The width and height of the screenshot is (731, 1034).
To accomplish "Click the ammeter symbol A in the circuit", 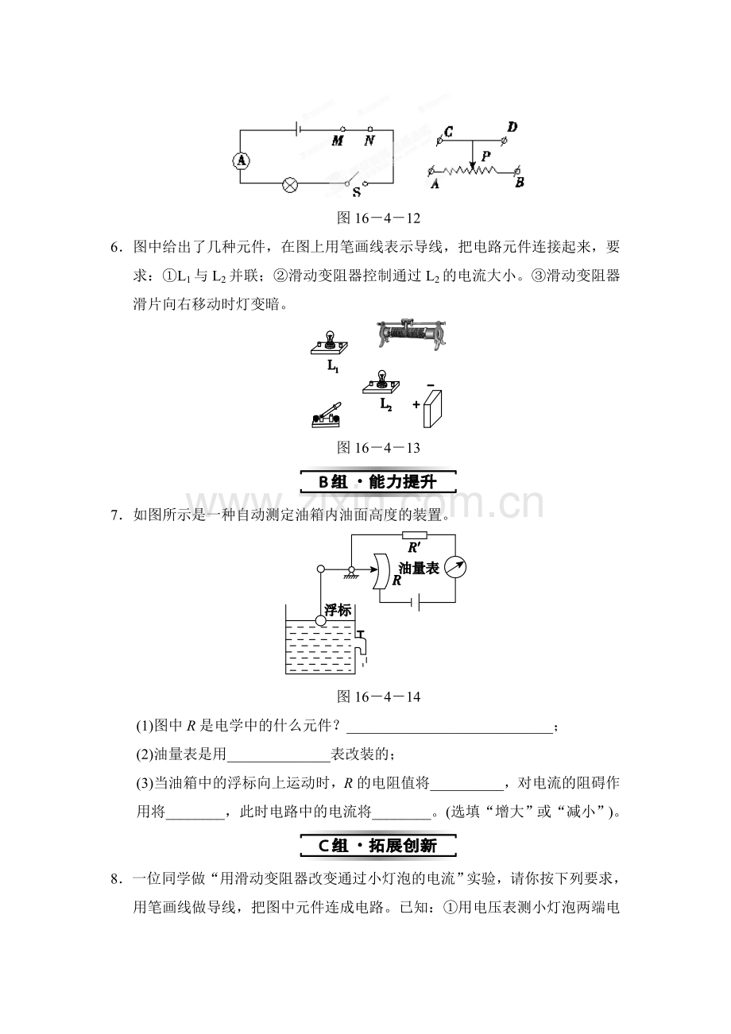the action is click(x=241, y=160).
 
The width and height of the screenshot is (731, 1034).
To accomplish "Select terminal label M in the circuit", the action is click(x=338, y=141).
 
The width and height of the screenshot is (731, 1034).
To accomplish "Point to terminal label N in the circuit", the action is click(x=369, y=141).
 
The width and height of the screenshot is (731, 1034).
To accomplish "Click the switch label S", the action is click(x=357, y=192).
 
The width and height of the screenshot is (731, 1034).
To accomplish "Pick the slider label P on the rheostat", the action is click(x=485, y=156).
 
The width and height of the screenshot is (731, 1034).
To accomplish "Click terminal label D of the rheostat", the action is click(x=512, y=126).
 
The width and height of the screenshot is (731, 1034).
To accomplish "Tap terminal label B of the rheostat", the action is click(x=520, y=183).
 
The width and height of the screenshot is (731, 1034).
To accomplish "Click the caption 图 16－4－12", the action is click(x=379, y=218).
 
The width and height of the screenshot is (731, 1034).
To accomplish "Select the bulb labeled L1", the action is click(x=329, y=342).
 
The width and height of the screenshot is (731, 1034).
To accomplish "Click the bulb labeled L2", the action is click(x=381, y=382).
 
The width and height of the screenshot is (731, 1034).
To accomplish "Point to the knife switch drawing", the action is click(x=327, y=415).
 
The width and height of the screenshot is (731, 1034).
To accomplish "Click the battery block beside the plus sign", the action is click(x=432, y=409).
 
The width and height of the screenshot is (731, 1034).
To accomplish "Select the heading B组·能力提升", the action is click(x=378, y=482).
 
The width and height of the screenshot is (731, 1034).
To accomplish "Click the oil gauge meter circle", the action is click(x=454, y=567).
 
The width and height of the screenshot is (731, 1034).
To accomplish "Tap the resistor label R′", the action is click(x=414, y=547).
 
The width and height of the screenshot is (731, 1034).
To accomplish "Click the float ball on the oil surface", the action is click(x=320, y=621).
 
